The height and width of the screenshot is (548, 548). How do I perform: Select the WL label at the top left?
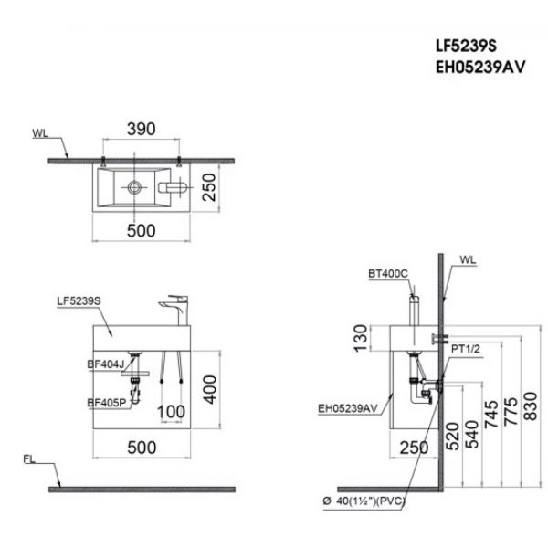click(41, 133)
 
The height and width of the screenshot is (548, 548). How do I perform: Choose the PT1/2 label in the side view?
click(467, 347)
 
